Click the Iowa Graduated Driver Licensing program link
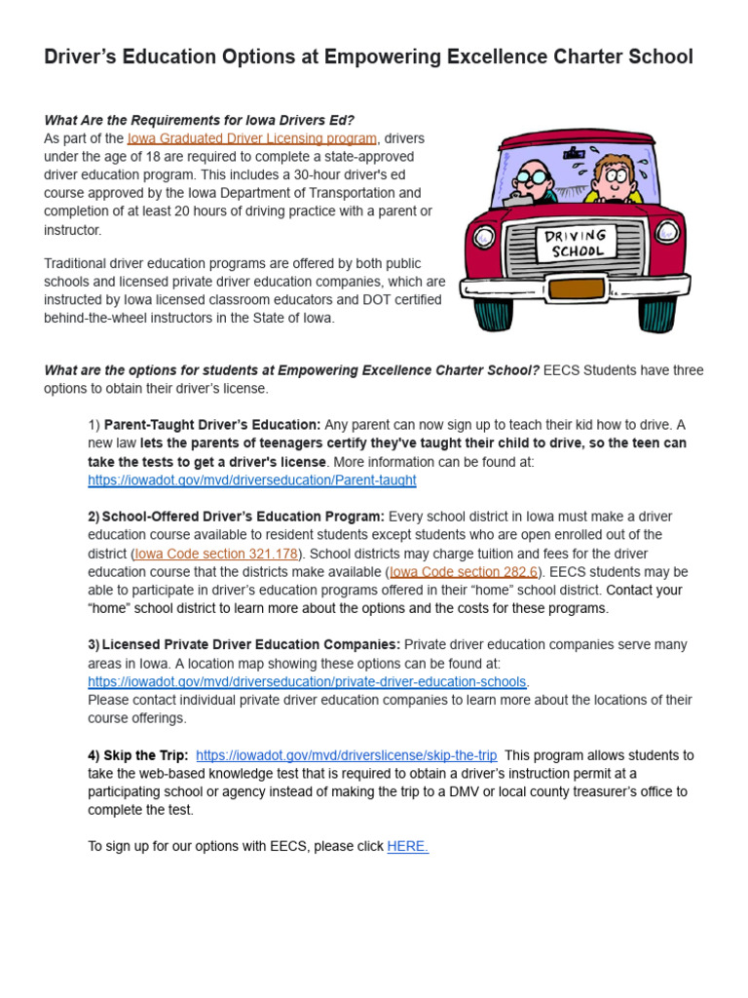[x=251, y=138]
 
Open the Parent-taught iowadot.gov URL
[x=252, y=480]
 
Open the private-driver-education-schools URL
[x=307, y=682]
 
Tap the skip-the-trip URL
[x=347, y=755]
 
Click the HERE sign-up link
[x=407, y=847]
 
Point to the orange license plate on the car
[x=576, y=288]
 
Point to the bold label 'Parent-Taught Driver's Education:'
[x=212, y=425]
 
